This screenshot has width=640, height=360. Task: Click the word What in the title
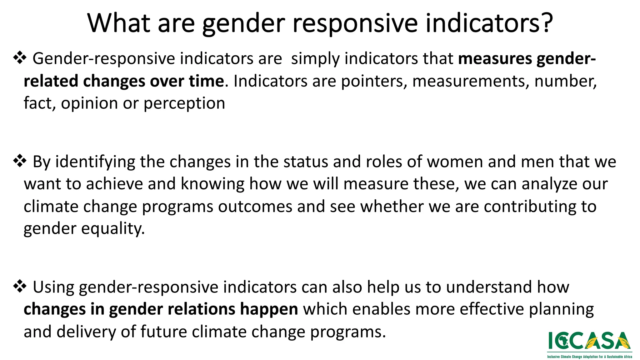point(118,23)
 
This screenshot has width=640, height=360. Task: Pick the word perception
point(184,103)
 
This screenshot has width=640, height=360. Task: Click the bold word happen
point(269,309)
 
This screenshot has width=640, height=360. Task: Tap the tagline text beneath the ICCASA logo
point(589,357)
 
